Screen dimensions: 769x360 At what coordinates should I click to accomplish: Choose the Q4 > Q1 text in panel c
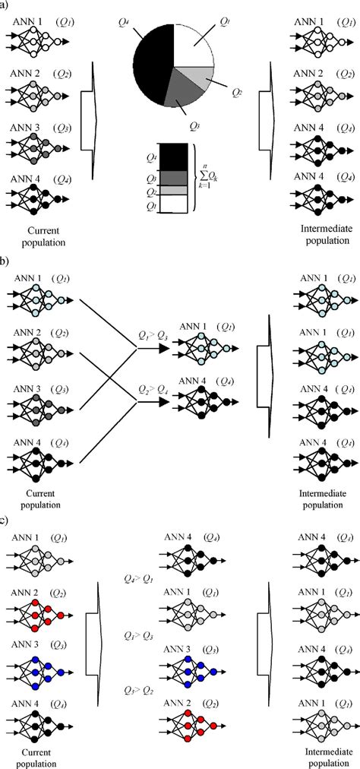138,578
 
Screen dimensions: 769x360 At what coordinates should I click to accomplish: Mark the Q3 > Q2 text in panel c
138,689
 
